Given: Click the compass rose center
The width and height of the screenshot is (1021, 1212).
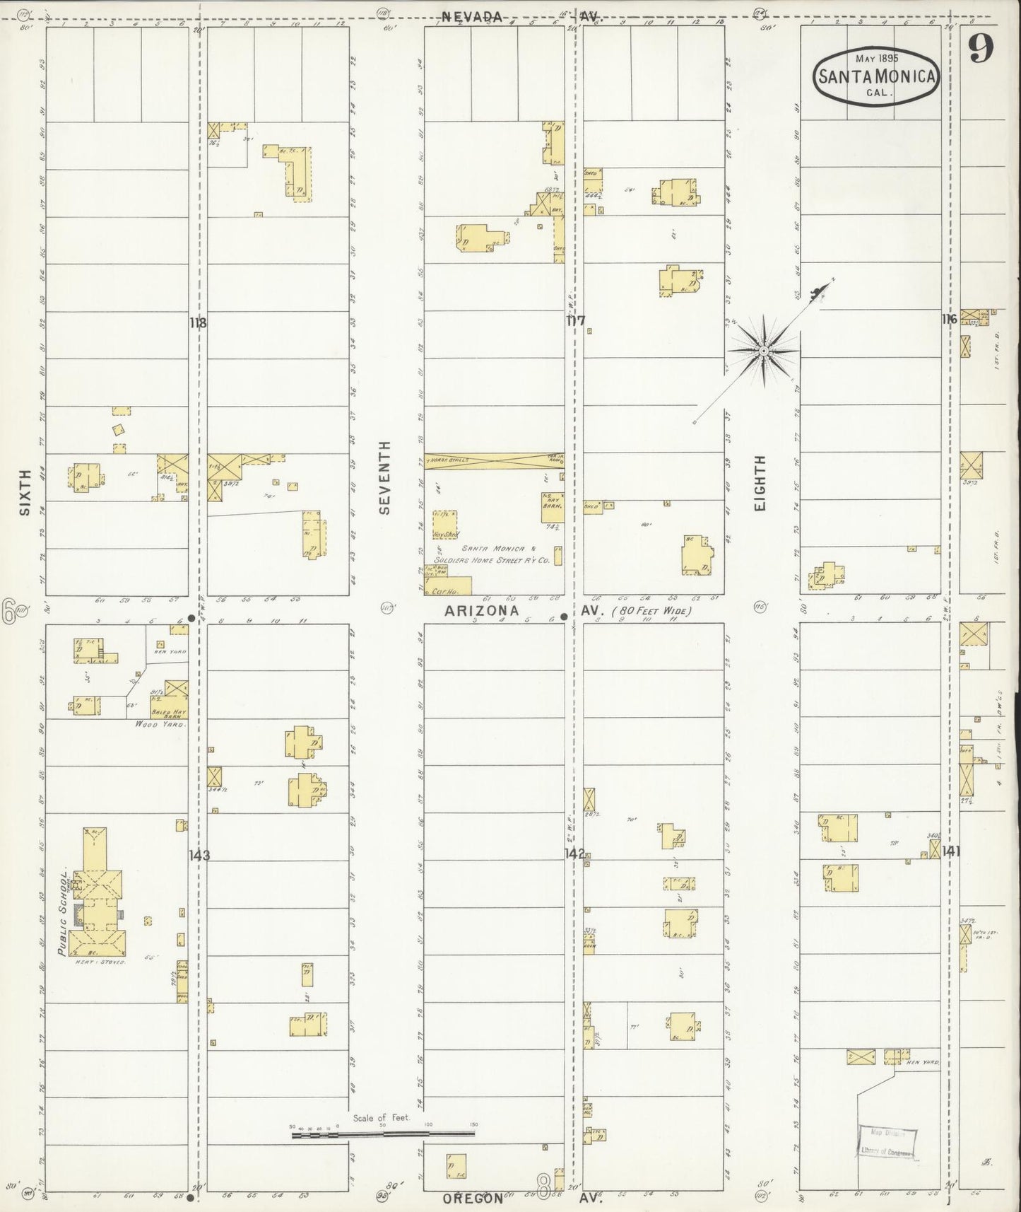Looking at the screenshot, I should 764,350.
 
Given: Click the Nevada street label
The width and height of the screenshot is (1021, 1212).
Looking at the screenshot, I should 473,17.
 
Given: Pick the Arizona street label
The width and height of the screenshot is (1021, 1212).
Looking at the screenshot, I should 481,610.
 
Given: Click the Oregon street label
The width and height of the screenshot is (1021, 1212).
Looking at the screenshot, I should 473,1199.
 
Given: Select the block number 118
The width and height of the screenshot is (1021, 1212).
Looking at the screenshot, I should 198,324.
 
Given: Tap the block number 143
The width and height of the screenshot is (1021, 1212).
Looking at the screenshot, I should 199,856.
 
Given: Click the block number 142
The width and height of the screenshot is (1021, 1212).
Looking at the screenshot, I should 574,853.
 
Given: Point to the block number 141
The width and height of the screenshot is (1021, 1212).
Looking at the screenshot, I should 950,851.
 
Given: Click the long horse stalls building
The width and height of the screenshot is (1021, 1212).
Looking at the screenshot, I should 494,460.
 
